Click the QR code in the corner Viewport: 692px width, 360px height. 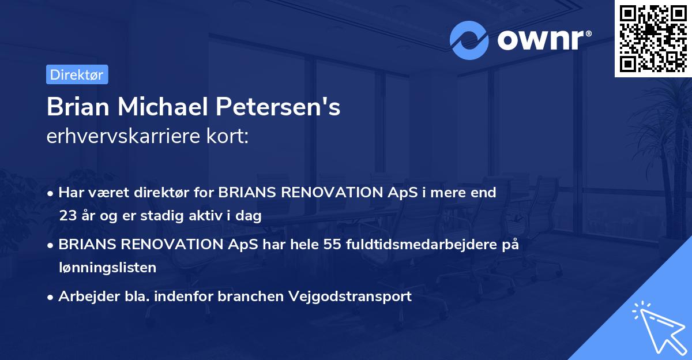pos(653,38)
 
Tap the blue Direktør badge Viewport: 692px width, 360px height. pos(77,74)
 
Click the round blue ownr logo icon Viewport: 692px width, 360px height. pos(469,40)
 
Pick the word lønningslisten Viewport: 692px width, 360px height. pos(107,267)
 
